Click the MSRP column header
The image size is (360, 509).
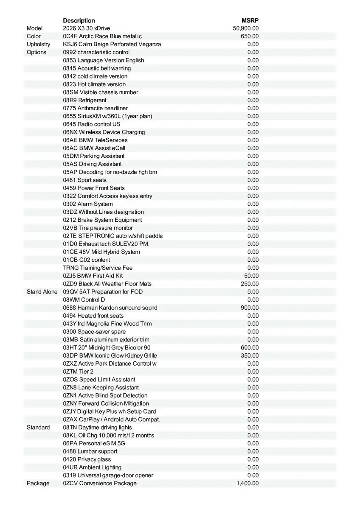[250, 20]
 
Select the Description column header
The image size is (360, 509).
[79, 20]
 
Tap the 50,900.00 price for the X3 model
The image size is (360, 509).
[246, 28]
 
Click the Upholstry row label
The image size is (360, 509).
[38, 44]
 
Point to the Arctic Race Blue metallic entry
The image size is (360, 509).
[102, 36]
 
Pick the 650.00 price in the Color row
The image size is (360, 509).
[250, 36]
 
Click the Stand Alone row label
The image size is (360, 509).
[42, 292]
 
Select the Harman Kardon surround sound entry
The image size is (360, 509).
[110, 308]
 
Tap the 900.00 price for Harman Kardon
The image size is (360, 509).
[250, 308]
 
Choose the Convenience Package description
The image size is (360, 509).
[100, 483]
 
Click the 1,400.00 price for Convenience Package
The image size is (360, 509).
[247, 483]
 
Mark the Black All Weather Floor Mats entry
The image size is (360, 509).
[107, 284]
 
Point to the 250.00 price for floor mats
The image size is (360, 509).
[250, 284]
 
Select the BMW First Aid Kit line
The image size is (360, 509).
[93, 276]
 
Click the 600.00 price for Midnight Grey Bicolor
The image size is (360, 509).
[250, 347]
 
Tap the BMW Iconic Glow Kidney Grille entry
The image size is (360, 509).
[110, 355]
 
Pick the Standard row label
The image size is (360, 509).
[38, 427]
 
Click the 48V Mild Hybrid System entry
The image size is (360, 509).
[101, 252]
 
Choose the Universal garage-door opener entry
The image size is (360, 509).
[108, 475]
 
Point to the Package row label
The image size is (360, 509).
[38, 483]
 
